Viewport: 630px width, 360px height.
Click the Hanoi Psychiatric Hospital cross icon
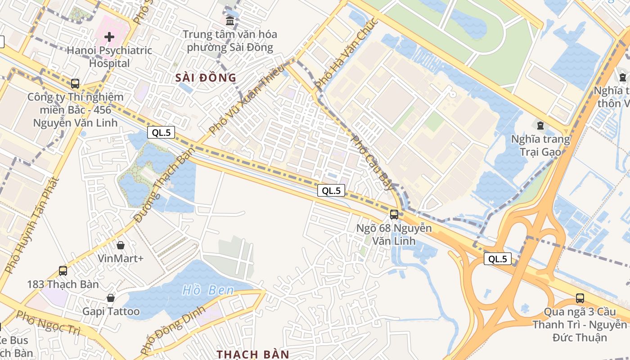coord(109,36)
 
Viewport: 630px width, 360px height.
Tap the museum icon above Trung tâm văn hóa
coord(230,21)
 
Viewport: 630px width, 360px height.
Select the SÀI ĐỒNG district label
coord(206,77)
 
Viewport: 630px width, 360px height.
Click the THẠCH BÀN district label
coord(253,354)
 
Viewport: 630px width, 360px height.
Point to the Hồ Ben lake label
coord(208,290)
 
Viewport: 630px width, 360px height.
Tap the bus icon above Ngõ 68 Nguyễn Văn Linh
coord(394,214)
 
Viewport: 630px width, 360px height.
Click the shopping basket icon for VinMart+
coord(121,245)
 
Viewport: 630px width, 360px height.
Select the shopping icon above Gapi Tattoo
coord(111,298)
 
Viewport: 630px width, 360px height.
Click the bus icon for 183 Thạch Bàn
coord(63,271)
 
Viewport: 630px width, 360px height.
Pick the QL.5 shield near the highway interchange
coord(498,259)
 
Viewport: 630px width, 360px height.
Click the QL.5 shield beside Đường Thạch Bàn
coord(161,132)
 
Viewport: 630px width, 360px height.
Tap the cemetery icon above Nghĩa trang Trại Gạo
coord(540,125)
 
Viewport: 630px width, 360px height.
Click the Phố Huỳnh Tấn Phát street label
coord(32,225)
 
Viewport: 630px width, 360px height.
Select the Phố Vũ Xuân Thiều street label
coord(247,99)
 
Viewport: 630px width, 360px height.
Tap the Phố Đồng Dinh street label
coord(173,330)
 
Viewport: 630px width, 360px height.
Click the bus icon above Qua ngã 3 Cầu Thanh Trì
coord(580,298)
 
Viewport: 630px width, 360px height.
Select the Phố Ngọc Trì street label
coord(48,323)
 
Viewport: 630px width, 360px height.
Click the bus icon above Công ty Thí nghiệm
coord(75,84)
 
